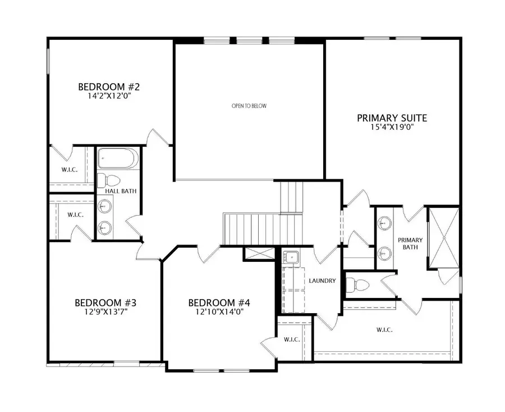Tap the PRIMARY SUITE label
tap(392, 118)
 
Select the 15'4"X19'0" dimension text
tap(392, 127)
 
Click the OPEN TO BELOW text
tap(249, 106)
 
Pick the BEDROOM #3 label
tap(105, 303)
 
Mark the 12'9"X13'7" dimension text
tap(105, 312)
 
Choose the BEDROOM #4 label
tap(219, 303)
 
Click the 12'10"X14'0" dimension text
tap(219, 312)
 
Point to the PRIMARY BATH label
tap(410, 243)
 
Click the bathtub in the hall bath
tap(117, 159)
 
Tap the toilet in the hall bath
tap(109, 180)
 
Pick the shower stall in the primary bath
tap(443, 238)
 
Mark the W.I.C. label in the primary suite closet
tap(384, 330)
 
